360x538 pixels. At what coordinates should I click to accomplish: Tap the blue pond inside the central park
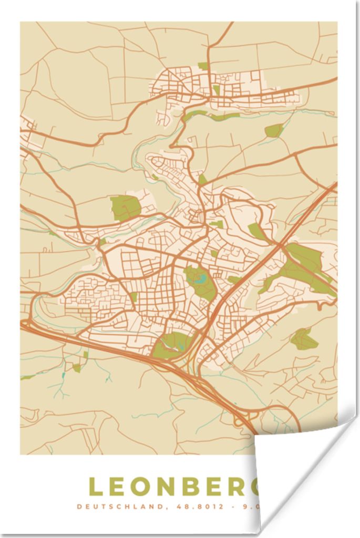pyautogui.click(x=200, y=278)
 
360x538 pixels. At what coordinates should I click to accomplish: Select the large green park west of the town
pyautogui.click(x=125, y=208)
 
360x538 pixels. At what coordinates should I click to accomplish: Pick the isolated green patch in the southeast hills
pyautogui.click(x=304, y=340)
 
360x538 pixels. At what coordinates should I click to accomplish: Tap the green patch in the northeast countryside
pyautogui.click(x=273, y=130)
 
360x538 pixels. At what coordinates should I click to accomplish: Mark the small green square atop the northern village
pyautogui.click(x=203, y=66)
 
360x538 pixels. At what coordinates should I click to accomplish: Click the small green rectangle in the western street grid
pyautogui.click(x=134, y=297)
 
